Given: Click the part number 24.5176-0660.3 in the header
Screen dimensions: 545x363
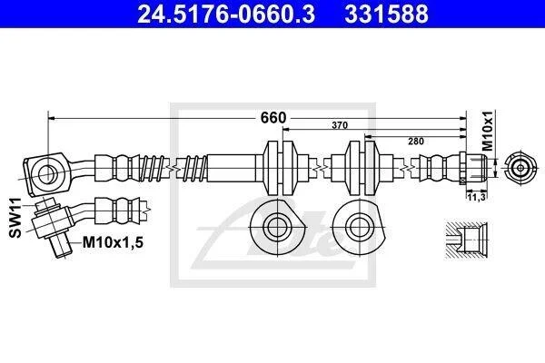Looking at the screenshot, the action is pyautogui.click(x=226, y=14).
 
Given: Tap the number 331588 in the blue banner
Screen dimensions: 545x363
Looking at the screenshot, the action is pyautogui.click(x=387, y=14).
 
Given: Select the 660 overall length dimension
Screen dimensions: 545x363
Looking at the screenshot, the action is pyautogui.click(x=273, y=118).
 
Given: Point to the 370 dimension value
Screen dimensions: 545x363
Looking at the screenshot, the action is pyautogui.click(x=340, y=125).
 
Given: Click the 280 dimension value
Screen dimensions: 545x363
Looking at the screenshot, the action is pyautogui.click(x=416, y=141).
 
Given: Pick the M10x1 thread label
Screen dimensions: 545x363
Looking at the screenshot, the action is pyautogui.click(x=489, y=131).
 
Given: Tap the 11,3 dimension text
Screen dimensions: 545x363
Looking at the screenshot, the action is pyautogui.click(x=476, y=197).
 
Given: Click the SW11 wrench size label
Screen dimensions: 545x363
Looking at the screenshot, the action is pyautogui.click(x=15, y=218).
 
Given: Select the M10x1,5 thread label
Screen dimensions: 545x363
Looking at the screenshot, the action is pyautogui.click(x=113, y=242).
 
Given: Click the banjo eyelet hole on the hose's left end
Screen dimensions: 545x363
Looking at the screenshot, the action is pyautogui.click(x=46, y=173).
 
